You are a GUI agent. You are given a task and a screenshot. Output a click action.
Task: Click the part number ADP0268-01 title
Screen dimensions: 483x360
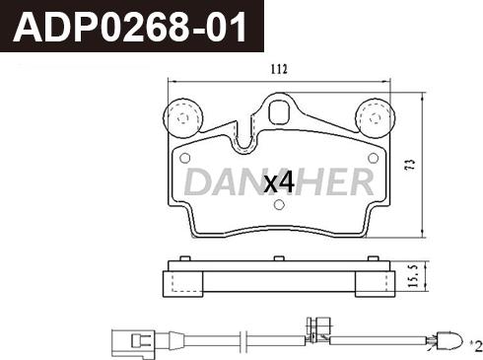point(129,27)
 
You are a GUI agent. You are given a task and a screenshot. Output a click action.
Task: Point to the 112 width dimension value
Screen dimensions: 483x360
point(279,69)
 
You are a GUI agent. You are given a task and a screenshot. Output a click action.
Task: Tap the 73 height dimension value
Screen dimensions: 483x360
point(411,165)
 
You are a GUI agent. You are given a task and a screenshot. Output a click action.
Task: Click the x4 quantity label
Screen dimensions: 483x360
point(279,183)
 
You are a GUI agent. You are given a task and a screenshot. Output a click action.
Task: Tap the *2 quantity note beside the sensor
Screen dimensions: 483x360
point(476,346)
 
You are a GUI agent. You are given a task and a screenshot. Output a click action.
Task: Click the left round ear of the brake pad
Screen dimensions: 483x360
point(182,118)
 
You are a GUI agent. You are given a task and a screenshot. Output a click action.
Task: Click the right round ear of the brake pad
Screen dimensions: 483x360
point(375,118)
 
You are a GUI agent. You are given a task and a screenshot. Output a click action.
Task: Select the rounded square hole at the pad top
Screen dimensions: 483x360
point(279,112)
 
